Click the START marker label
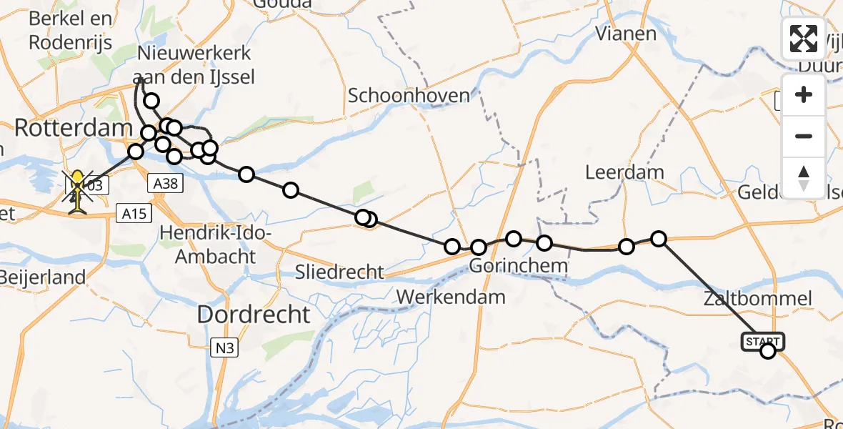(x=764, y=341)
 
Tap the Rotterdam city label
(x=74, y=129)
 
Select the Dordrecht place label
(x=254, y=315)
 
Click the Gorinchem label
(x=519, y=267)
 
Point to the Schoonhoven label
(x=409, y=96)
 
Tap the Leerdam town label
(x=624, y=172)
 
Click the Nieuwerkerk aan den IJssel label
(x=194, y=65)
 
